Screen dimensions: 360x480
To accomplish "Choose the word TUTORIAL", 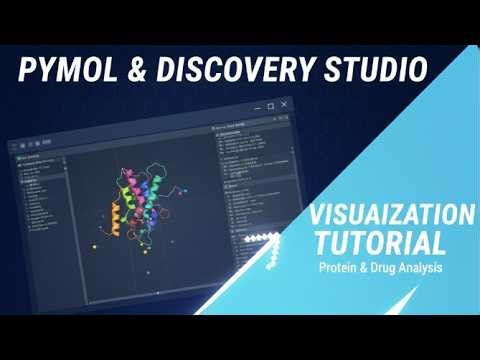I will [380, 242].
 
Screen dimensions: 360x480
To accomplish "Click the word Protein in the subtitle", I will [340, 268].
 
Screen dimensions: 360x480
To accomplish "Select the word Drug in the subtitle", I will [385, 268].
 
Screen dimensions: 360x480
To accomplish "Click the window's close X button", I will [284, 104].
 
